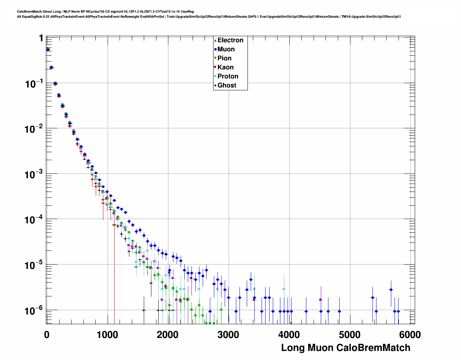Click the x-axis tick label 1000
107,335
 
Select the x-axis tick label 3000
228,335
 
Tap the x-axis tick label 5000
349,335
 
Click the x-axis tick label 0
47,335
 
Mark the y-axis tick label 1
41,38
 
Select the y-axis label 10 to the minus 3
34,174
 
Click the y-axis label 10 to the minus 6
34,310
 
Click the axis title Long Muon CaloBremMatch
345,348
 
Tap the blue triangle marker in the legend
215,49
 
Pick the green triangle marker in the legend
215,58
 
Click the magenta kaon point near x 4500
320,300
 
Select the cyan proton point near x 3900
284,289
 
